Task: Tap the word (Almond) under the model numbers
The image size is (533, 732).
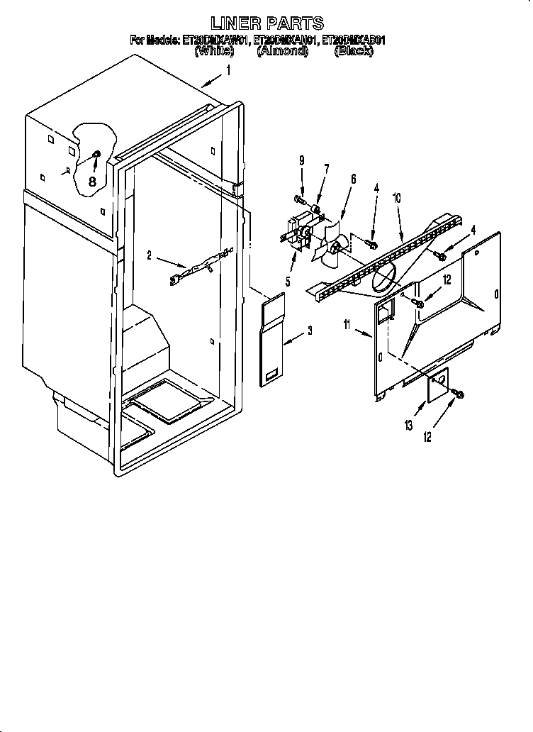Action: [x=282, y=52]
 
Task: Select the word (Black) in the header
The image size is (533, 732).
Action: [x=353, y=52]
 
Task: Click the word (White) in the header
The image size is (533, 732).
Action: [x=215, y=52]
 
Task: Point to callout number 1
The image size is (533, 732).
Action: [x=228, y=70]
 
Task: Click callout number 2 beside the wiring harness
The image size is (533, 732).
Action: [x=149, y=256]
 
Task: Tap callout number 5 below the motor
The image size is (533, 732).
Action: [x=288, y=282]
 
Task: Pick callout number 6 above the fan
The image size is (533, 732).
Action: [x=352, y=180]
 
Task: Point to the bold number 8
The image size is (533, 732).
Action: [x=92, y=181]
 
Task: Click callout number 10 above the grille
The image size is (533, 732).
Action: [x=397, y=199]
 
